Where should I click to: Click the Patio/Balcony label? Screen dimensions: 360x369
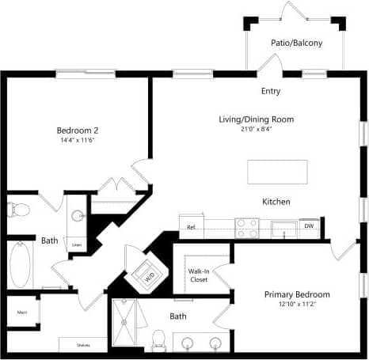click(297, 43)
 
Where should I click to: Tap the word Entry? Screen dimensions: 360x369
click(271, 91)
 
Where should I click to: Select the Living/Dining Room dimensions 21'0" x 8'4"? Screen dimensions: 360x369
click(256, 128)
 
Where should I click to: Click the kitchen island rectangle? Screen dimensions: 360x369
click(277, 171)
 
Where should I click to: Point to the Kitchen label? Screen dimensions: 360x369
click(276, 202)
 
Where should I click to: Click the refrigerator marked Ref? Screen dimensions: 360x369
click(192, 226)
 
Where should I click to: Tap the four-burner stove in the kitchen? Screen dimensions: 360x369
click(247, 227)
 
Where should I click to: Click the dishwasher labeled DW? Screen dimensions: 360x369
click(310, 227)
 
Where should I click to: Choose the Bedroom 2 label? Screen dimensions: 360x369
click(77, 131)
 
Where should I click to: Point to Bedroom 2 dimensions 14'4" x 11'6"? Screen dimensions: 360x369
click(77, 141)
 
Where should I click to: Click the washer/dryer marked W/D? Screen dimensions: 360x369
click(150, 275)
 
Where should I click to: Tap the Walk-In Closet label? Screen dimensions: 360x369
click(199, 275)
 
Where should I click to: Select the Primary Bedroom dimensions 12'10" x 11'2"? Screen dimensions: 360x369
click(297, 305)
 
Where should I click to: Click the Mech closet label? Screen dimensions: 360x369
click(22, 312)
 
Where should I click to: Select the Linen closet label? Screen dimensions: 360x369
click(77, 245)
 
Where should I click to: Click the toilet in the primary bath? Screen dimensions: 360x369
click(157, 340)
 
